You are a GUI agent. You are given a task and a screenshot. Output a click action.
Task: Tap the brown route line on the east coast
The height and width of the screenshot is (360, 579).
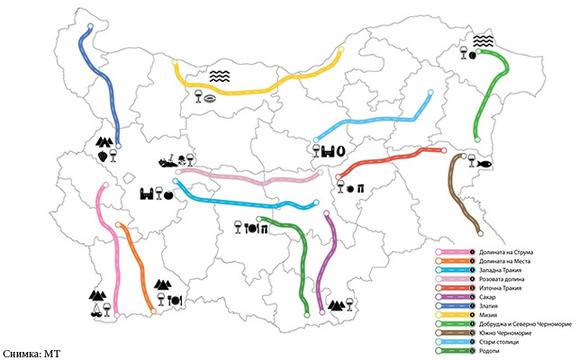460,195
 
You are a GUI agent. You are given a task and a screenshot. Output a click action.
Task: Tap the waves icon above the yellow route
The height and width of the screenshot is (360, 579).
219,74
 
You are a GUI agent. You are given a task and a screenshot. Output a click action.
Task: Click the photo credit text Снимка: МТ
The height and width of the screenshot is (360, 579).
37,353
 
